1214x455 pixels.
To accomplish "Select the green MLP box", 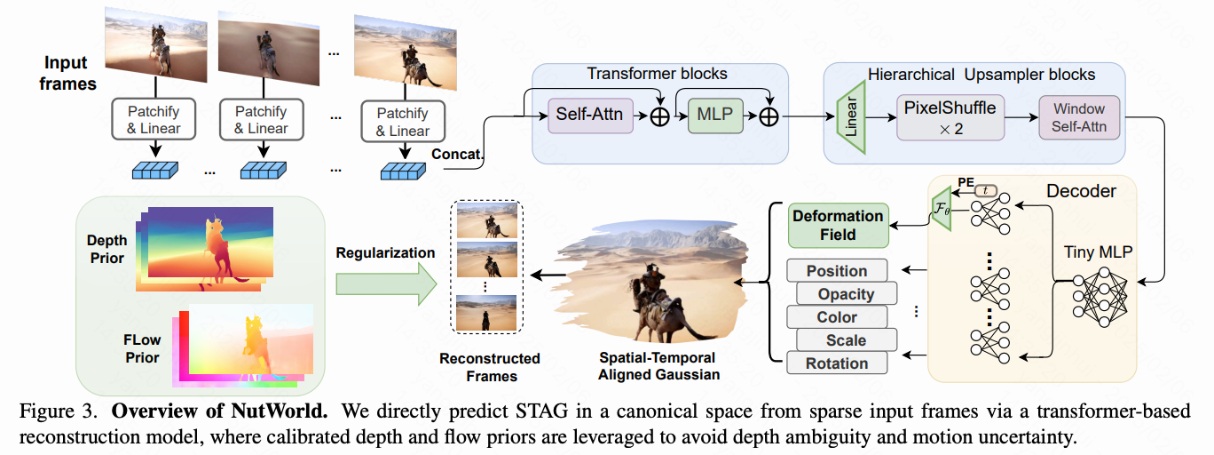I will pyautogui.click(x=713, y=114).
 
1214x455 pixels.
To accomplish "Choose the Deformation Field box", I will pyautogui.click(x=838, y=225).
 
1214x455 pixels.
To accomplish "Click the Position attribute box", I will pyautogui.click(x=837, y=271).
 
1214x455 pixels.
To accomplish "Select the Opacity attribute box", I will pyautogui.click(x=846, y=294).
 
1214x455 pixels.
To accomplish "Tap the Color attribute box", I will pyautogui.click(x=837, y=317).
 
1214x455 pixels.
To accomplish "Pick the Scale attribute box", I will pyautogui.click(x=846, y=340).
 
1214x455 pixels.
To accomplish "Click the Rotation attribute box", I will pyautogui.click(x=837, y=363).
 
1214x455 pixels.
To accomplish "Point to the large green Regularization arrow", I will pyautogui.click(x=387, y=284).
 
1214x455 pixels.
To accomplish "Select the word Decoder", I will pyautogui.click(x=1081, y=191).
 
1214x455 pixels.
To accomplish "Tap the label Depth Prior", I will pyautogui.click(x=106, y=248).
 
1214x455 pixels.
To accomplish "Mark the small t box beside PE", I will pyautogui.click(x=986, y=190).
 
